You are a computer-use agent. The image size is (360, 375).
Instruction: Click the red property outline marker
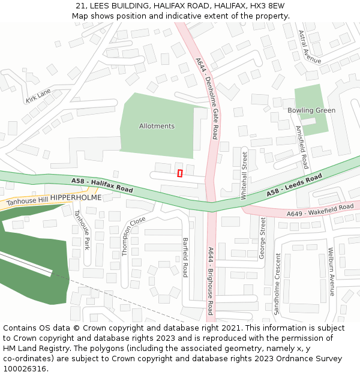pyautogui.click(x=180, y=173)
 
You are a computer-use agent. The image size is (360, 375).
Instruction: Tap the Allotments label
pyautogui.click(x=157, y=126)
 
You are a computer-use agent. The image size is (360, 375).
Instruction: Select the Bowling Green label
pyautogui.click(x=311, y=110)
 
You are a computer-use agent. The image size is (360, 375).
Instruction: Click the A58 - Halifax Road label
pyautogui.click(x=102, y=185)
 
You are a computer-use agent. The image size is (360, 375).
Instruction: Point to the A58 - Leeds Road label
pyautogui.click(x=295, y=185)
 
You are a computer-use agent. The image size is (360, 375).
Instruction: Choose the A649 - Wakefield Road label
pyautogui.click(x=320, y=210)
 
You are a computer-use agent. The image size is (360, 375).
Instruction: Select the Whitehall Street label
pyautogui.click(x=244, y=175)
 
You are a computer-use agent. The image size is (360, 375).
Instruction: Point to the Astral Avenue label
pyautogui.click(x=310, y=47)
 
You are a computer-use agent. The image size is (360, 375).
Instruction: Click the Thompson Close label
pyautogui.click(x=134, y=236)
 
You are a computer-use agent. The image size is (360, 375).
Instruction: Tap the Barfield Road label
pyautogui.click(x=185, y=257)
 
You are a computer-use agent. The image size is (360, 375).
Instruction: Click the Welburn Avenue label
pyautogui.click(x=331, y=272)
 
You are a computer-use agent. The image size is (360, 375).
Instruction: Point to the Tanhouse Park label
pyautogui.click(x=81, y=229)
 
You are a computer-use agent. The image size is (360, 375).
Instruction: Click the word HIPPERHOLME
pyautogui.click(x=76, y=197)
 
